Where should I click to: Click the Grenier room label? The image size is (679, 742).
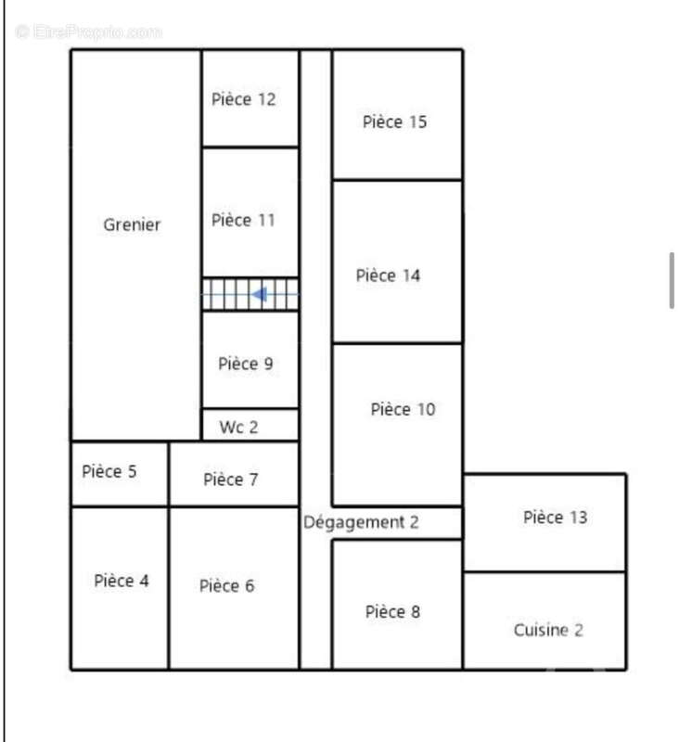[132, 224]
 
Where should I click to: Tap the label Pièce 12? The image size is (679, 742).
[243, 99]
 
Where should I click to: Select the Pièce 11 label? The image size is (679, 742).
[243, 220]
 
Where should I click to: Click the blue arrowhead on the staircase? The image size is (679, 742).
[260, 294]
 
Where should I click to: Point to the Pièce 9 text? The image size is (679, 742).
[246, 364]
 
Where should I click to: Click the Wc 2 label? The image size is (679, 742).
[239, 427]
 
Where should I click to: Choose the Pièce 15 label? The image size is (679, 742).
[394, 122]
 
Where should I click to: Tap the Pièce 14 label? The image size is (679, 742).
[388, 275]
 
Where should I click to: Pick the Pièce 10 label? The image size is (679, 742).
[403, 409]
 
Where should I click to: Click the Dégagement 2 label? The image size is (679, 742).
[361, 522]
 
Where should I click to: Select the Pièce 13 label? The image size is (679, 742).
[556, 518]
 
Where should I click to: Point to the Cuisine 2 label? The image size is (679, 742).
[548, 630]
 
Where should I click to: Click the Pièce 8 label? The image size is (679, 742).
[392, 611]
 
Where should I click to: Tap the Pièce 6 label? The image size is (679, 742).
[226, 586]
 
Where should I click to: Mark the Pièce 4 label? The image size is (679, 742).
[122, 581]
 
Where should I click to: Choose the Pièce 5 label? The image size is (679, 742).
[109, 471]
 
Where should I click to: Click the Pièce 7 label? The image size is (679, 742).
[231, 480]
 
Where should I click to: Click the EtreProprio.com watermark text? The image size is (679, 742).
[88, 32]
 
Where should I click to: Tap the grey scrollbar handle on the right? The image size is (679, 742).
[672, 281]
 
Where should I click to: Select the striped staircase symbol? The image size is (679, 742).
[250, 294]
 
